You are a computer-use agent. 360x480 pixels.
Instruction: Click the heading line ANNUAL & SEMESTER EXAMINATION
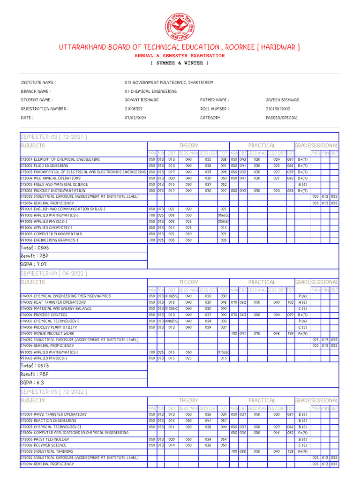[x=180, y=55]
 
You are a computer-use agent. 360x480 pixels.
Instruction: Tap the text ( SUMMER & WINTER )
[x=180, y=63]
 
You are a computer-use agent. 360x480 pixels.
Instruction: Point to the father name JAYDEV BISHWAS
[x=282, y=100]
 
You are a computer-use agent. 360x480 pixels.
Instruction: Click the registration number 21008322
[x=134, y=109]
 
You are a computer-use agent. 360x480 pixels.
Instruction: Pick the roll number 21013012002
[x=278, y=109]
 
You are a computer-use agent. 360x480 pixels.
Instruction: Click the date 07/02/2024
[x=135, y=118]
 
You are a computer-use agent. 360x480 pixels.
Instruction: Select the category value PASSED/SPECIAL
[x=281, y=118]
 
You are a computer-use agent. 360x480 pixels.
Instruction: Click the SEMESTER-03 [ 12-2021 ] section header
[x=53, y=136]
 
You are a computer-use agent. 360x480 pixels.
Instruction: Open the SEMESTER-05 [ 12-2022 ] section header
[x=53, y=391]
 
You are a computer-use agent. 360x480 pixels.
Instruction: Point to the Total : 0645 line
[x=34, y=247]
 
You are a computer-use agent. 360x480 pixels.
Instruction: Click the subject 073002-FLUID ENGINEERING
[x=44, y=165]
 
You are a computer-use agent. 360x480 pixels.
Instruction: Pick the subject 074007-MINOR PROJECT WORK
[x=47, y=333]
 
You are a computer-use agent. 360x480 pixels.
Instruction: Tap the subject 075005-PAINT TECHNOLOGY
[x=45, y=439]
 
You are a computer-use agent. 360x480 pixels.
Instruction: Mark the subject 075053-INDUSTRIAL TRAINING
[x=46, y=451]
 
